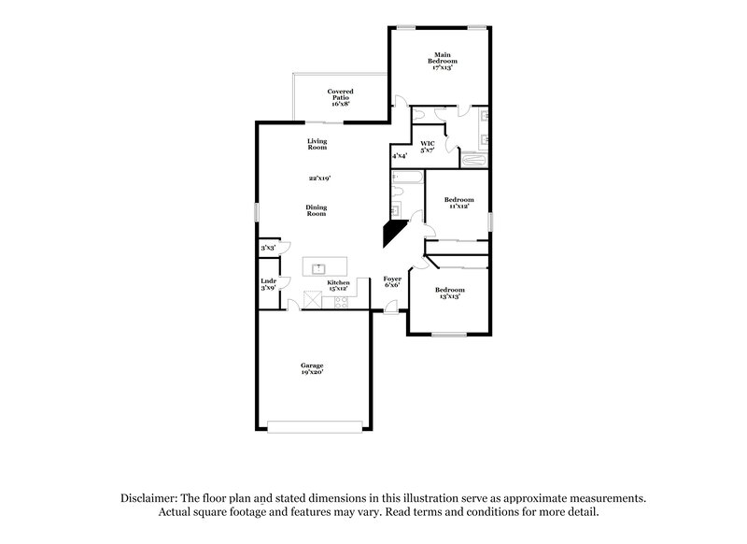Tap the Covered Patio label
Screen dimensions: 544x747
(340, 97)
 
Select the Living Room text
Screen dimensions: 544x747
(317, 144)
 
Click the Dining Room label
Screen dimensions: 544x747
(317, 210)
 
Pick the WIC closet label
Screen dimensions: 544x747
(428, 147)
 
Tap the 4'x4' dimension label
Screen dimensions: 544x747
(400, 156)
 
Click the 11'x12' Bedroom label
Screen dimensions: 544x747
(458, 202)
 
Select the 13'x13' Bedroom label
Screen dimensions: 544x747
(449, 293)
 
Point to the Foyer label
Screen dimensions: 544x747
(393, 281)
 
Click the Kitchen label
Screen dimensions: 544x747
(338, 285)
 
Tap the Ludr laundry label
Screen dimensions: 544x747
(268, 284)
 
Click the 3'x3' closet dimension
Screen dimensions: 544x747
(268, 248)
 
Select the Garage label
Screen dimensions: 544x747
(312, 368)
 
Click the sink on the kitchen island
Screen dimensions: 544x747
(318, 266)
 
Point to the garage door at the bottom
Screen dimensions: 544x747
(314, 427)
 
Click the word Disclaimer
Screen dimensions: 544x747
(149, 498)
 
